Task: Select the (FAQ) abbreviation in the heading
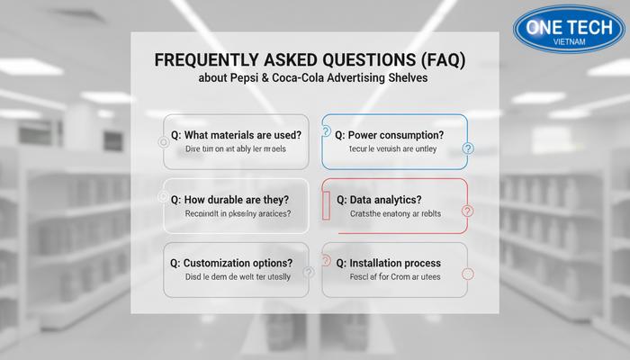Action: (446, 60)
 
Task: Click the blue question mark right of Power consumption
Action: (467, 148)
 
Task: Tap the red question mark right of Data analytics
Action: (466, 211)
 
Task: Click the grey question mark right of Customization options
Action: (309, 272)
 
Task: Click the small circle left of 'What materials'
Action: (163, 141)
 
